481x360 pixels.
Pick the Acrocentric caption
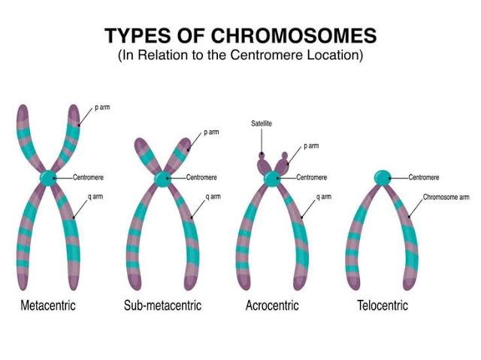click(x=271, y=306)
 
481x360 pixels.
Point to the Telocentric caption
click(x=383, y=306)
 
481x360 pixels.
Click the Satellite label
click(x=262, y=121)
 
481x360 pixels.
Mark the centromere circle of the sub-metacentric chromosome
click(x=162, y=179)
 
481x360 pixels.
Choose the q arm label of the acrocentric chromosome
click(x=324, y=197)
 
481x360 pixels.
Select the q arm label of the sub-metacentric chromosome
click(x=213, y=197)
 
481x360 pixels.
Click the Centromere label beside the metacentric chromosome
click(x=89, y=178)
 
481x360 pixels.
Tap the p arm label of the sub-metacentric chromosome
click(x=213, y=132)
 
